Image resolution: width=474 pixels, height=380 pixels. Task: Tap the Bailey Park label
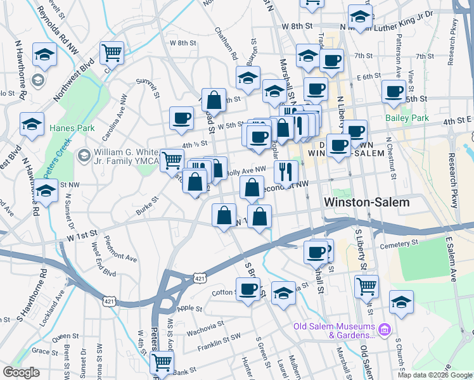(407, 118)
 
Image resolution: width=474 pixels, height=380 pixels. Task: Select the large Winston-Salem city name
(366, 202)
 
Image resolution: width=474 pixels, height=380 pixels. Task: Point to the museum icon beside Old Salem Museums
(384, 329)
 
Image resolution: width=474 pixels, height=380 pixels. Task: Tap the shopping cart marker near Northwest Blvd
(112, 53)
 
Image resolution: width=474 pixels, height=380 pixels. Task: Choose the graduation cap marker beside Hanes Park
(32, 124)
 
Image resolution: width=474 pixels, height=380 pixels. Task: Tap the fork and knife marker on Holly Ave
(286, 171)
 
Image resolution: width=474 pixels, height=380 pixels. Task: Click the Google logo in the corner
(22, 372)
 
